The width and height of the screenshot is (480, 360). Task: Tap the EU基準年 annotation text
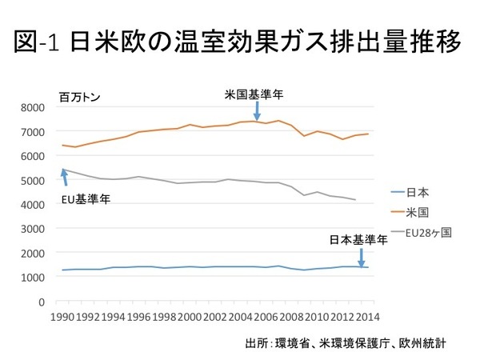(x=86, y=198)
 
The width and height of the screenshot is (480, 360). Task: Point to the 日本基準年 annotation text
(x=359, y=239)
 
